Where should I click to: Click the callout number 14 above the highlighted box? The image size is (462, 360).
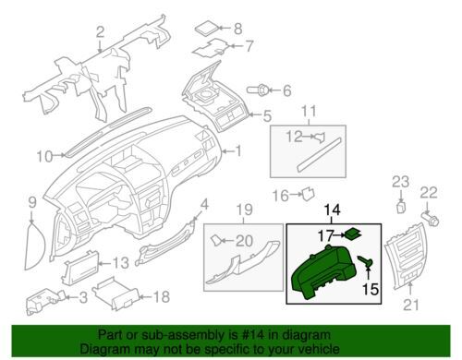pos(333,210)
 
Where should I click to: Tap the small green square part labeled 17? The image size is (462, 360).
pos(353,234)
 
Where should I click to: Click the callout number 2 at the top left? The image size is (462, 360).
pos(100,32)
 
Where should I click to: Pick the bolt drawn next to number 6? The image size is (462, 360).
pos(258,90)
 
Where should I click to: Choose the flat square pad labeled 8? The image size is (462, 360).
pos(207,28)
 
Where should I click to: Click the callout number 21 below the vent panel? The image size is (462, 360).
pos(411,305)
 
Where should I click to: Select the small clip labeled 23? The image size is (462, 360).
pos(401,207)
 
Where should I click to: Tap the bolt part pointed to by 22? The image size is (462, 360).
pos(431,218)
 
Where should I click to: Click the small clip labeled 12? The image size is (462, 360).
pos(320,137)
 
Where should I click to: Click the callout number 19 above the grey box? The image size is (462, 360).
pos(245,210)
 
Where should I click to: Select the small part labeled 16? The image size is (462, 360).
pos(308,193)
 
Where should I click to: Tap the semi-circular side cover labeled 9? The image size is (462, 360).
pos(35,246)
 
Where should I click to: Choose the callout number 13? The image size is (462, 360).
pos(120,263)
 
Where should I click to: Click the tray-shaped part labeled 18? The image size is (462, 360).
pos(117,293)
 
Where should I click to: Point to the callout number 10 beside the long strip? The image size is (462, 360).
pos(45,156)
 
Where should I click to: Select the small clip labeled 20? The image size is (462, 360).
pos(216,240)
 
